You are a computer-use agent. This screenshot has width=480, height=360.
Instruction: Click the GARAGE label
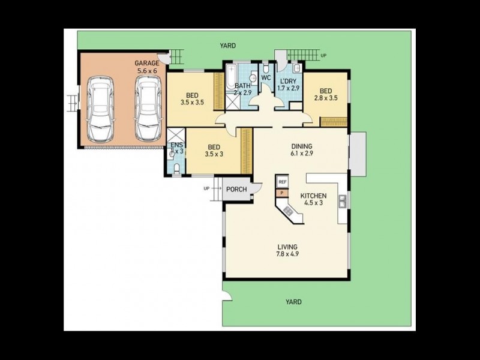[146, 63]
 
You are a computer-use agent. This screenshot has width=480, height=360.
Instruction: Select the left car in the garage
[99, 109]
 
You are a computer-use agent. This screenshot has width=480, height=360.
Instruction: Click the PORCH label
[236, 190]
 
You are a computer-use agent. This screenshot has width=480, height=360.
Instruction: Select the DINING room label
[302, 146]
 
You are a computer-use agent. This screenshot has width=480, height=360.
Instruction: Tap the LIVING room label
[287, 247]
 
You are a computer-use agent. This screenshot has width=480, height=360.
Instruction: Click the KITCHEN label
[313, 196]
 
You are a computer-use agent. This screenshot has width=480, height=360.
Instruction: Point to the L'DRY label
[288, 81]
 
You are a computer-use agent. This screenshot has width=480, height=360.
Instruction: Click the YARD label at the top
[227, 46]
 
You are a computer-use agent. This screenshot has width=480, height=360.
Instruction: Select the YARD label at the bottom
[293, 302]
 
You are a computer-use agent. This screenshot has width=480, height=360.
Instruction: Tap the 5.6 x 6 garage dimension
[146, 71]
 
